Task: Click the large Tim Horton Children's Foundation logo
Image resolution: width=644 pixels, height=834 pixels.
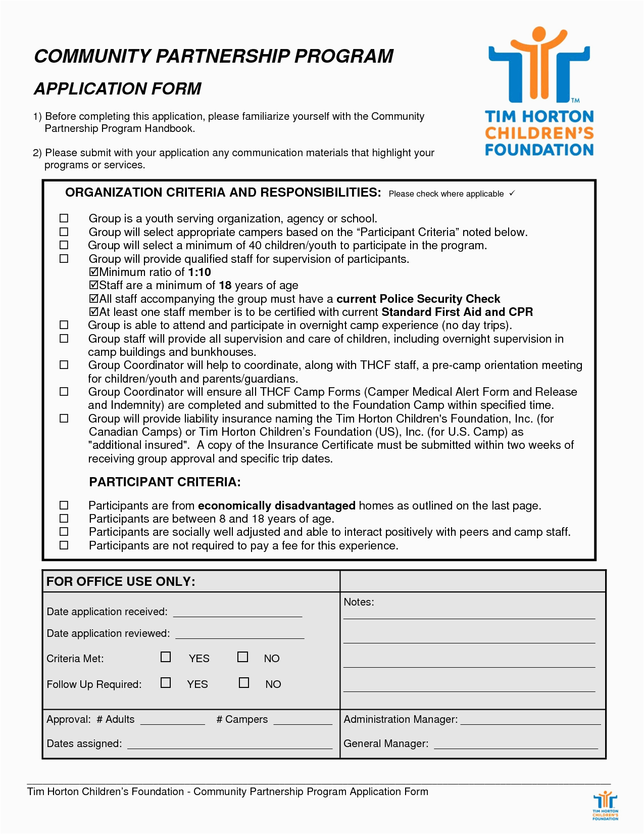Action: (x=539, y=91)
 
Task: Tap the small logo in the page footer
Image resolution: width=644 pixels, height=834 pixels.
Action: (x=605, y=807)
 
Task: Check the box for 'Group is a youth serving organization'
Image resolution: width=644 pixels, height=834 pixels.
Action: (x=64, y=218)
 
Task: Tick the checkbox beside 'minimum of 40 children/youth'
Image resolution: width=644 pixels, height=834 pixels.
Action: (x=64, y=245)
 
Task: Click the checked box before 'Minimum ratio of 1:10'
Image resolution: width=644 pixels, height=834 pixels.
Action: (x=93, y=272)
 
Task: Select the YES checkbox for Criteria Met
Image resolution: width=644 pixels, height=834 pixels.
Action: (x=166, y=657)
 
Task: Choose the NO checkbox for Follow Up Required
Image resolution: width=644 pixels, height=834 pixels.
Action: (x=244, y=683)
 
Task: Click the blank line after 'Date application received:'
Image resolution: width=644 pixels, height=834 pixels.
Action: (x=237, y=613)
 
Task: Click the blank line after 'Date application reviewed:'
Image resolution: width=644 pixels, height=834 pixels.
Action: (x=239, y=634)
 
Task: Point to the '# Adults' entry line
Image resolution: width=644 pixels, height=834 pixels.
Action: (x=172, y=721)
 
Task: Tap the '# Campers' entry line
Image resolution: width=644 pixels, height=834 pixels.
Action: (x=303, y=721)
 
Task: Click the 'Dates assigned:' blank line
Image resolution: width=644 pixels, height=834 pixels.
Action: (x=230, y=745)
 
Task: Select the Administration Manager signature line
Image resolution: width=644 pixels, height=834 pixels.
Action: (x=530, y=721)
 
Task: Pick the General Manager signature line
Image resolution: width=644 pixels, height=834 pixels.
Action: (x=516, y=745)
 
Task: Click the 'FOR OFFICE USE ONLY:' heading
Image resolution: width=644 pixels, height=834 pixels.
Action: (x=121, y=581)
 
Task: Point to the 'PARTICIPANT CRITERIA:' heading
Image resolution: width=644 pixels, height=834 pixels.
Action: (x=165, y=482)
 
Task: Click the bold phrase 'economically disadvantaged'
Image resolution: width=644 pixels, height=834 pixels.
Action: (x=277, y=505)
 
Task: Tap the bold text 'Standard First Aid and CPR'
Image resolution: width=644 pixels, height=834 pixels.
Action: (x=457, y=312)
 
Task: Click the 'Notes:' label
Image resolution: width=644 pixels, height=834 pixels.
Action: (x=359, y=602)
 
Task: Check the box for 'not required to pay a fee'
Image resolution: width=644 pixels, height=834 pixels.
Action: (x=64, y=545)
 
